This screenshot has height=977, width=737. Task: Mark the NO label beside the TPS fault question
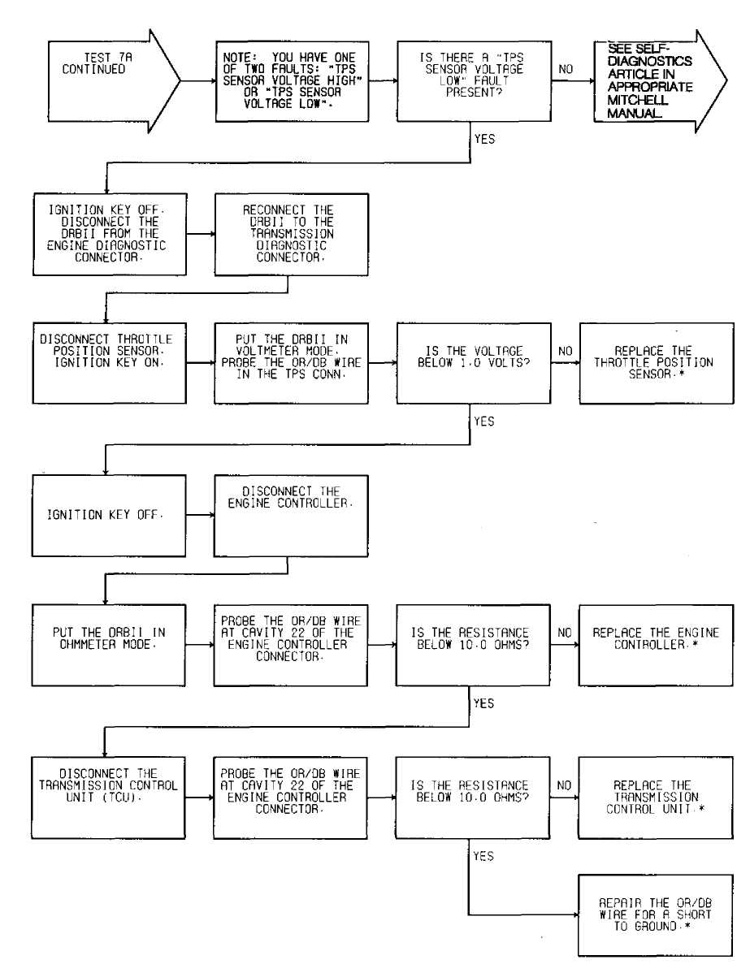[566, 69]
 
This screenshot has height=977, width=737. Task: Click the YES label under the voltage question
[484, 421]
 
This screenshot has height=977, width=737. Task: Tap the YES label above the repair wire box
[483, 856]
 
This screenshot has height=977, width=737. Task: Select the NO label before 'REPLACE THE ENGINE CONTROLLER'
[565, 633]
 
